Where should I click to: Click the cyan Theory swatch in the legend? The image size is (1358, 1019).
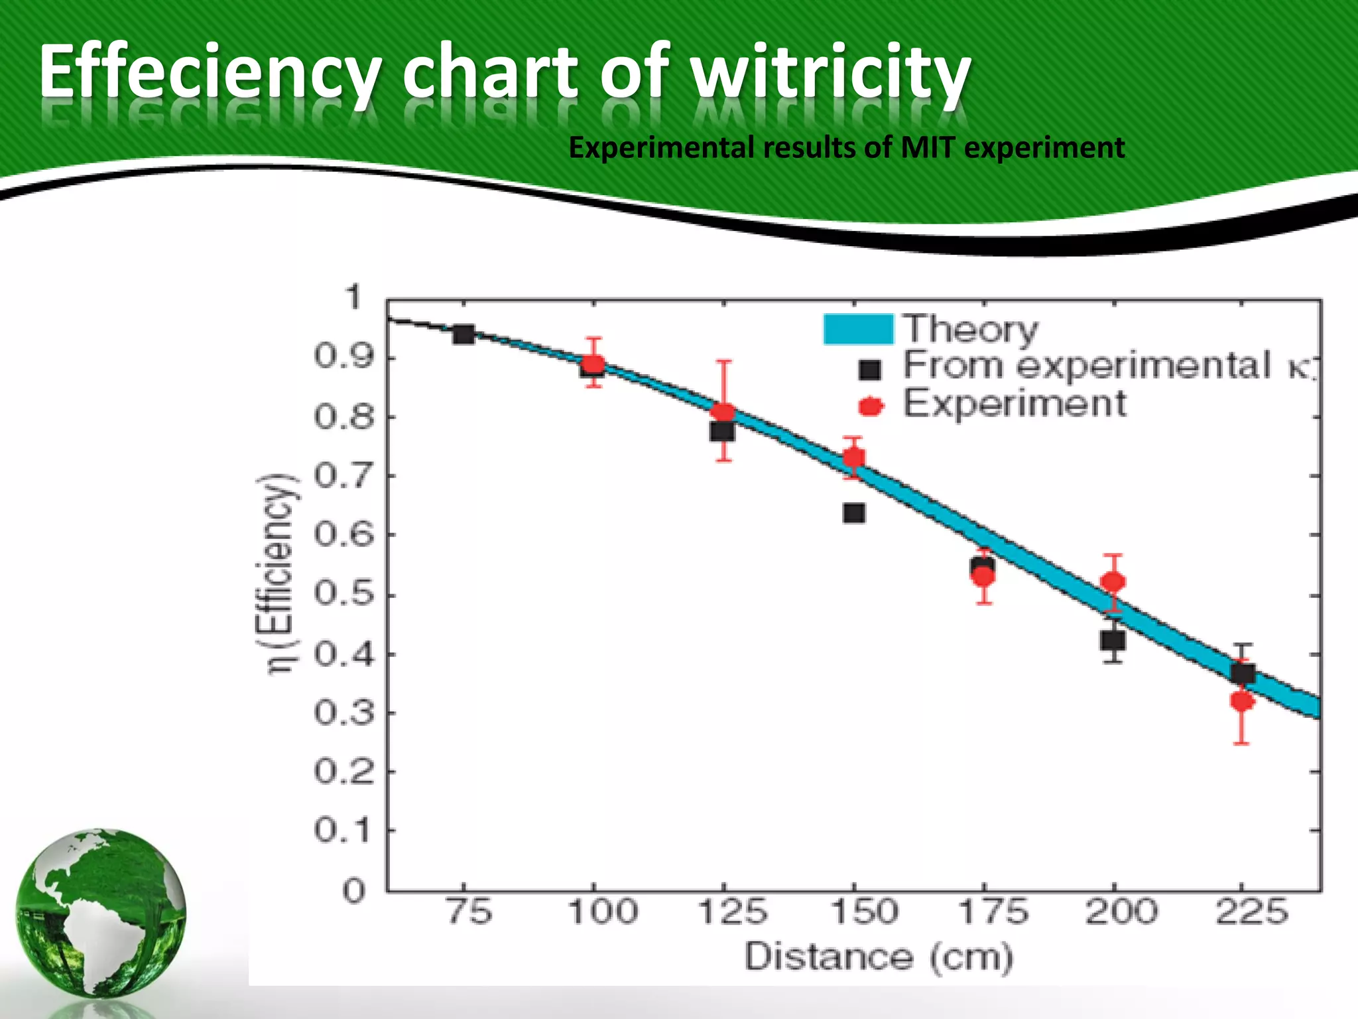858,329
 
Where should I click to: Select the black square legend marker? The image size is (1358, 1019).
870,370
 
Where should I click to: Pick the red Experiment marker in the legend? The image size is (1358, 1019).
871,406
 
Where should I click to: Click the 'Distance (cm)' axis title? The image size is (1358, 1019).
879,957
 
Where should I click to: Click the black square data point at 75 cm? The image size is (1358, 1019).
463,334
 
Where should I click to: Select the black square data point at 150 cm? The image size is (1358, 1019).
854,513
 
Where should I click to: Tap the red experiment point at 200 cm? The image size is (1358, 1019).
1113,582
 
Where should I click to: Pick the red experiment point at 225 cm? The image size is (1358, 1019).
1242,701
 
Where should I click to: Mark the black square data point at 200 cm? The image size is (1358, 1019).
1113,640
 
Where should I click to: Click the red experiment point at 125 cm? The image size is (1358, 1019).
723,413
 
